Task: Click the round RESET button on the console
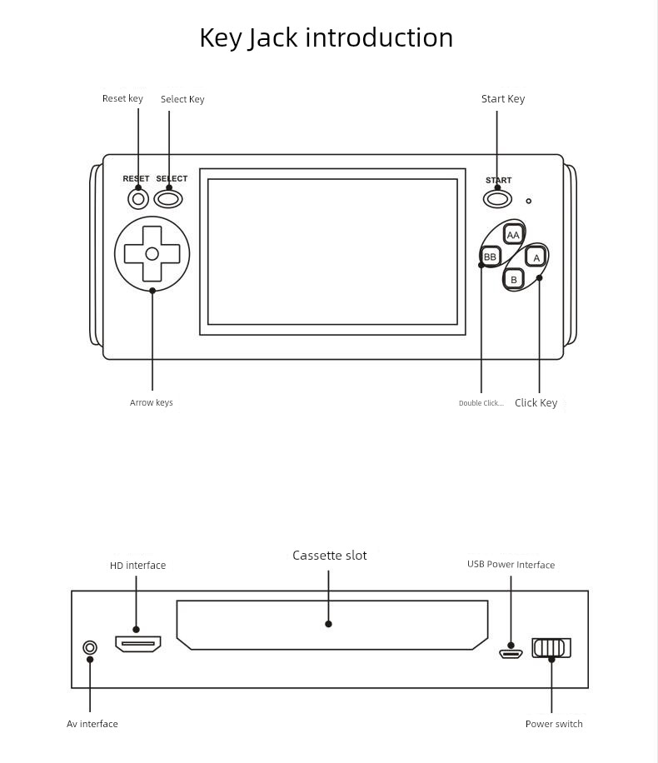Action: coord(138,199)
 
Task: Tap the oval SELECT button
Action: coord(168,199)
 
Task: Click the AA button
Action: coord(513,235)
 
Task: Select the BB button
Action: coord(491,257)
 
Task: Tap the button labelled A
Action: coord(536,257)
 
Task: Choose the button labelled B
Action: coord(514,279)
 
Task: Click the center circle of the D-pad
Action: coord(152,253)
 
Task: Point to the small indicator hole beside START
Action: coord(528,201)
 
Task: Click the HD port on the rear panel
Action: coord(137,643)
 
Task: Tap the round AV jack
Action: coord(90,647)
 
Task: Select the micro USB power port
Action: coord(511,653)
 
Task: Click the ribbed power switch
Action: coord(551,647)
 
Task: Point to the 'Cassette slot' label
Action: coord(329,556)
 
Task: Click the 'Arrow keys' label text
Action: coord(152,403)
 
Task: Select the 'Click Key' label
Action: coord(536,403)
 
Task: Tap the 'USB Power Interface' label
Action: coord(511,565)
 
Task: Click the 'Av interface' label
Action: coord(92,724)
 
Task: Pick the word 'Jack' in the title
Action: coord(273,38)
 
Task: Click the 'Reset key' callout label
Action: coord(122,98)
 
